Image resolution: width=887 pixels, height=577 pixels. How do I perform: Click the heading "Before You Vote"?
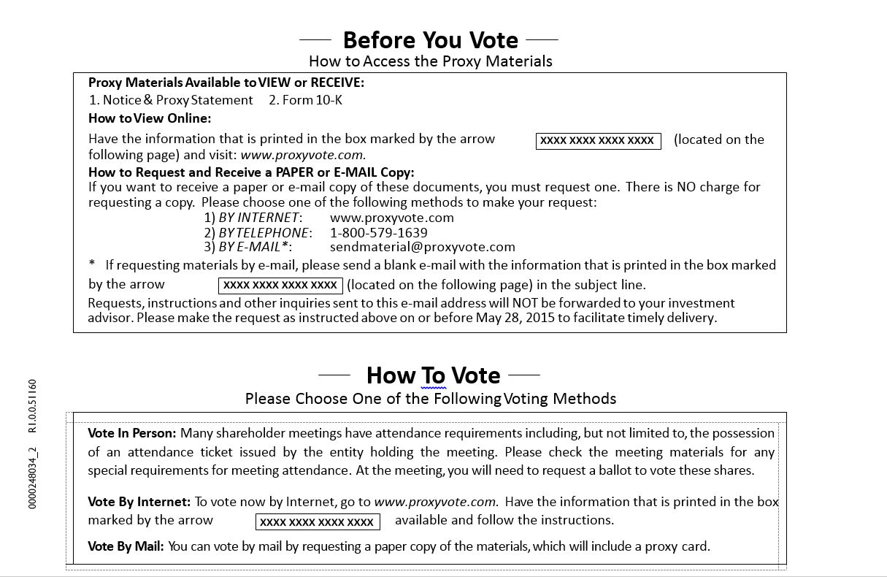(430, 39)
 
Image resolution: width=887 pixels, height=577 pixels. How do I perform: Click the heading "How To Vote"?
(433, 375)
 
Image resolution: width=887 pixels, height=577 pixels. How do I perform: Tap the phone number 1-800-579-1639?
(378, 232)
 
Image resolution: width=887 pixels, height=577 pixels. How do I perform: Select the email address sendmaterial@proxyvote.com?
(422, 247)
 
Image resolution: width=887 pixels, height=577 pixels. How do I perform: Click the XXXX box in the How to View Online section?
(598, 140)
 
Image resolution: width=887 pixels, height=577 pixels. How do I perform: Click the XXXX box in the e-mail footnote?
(280, 285)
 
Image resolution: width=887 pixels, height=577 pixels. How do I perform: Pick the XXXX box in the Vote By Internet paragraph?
(318, 521)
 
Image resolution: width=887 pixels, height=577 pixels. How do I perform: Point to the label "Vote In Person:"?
(131, 433)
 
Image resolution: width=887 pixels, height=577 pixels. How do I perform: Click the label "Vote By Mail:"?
(126, 546)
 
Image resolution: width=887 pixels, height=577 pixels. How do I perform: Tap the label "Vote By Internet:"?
(139, 502)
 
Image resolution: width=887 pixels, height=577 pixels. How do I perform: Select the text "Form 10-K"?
(312, 100)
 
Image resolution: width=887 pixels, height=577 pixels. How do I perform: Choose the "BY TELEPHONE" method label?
(265, 232)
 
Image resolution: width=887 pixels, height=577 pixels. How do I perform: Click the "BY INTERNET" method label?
(260, 218)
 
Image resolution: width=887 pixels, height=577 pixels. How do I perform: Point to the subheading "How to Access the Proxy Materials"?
(430, 61)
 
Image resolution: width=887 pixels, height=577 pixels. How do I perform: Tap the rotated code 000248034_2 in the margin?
(32, 478)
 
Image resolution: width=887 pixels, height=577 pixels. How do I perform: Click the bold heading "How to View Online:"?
(150, 118)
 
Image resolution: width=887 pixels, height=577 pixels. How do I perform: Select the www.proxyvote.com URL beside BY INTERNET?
(391, 218)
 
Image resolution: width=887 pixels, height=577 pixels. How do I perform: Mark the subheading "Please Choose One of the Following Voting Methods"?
(430, 399)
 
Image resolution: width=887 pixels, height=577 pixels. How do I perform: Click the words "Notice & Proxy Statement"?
(177, 100)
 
